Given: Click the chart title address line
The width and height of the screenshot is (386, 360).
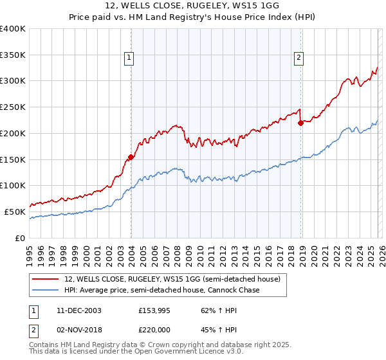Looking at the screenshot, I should point(193,6).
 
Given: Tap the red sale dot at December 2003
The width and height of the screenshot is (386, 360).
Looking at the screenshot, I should point(131,156).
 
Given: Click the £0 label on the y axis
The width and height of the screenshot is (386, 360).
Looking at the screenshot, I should point(19,237).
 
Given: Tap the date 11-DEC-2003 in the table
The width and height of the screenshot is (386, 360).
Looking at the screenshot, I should point(79,310).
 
